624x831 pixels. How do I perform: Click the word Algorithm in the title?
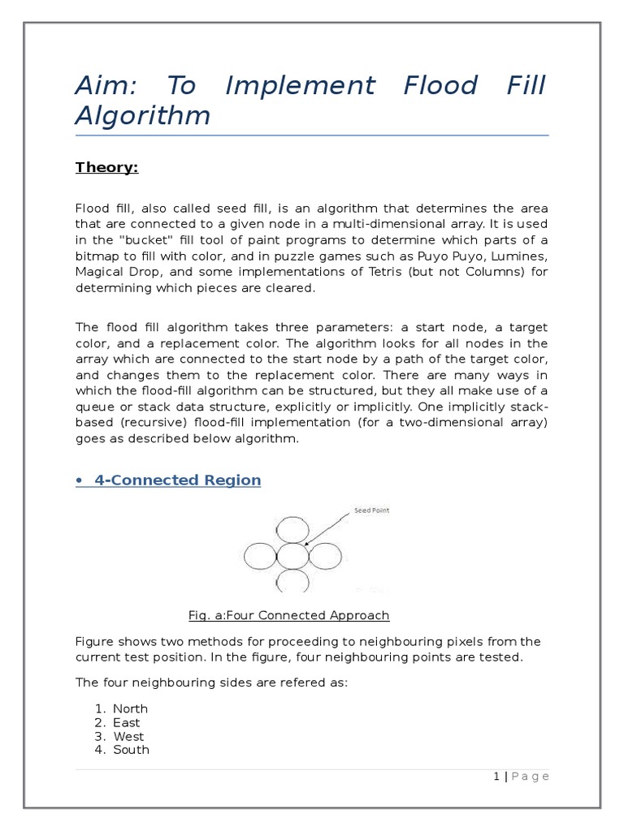coord(142,115)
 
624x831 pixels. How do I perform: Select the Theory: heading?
coord(107,167)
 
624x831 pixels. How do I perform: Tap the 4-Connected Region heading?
coord(177,480)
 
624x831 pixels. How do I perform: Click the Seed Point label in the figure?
coord(371,511)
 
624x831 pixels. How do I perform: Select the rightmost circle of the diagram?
coord(324,557)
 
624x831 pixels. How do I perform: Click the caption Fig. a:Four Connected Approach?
coord(288,615)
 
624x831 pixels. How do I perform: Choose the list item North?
coord(130,708)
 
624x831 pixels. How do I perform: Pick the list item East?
coord(126,722)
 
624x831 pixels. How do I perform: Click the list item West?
coord(128,736)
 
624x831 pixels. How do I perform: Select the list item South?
coord(131,750)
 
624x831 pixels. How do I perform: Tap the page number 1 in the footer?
coord(496,777)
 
